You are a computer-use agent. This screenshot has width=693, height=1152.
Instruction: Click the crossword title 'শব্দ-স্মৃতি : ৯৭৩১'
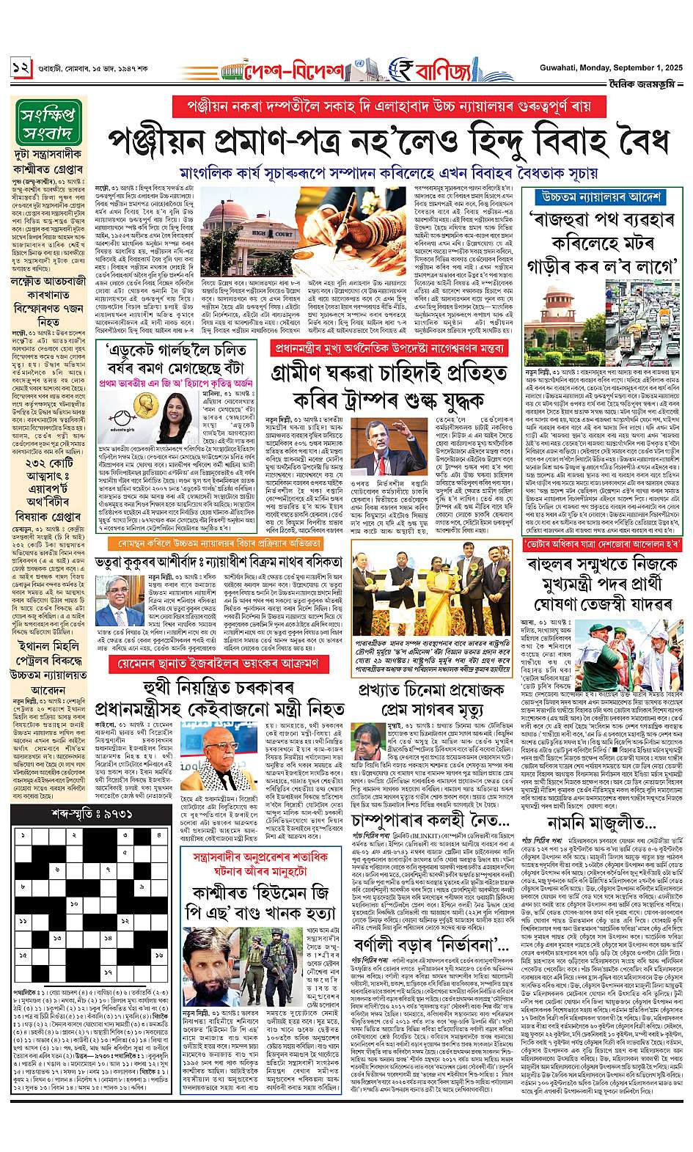(x=92, y=814)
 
